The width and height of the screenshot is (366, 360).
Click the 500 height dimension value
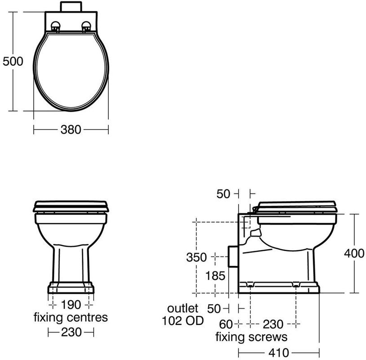[x=13, y=61]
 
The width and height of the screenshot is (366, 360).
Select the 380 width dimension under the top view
[x=71, y=130]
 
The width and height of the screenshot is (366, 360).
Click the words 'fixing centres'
[x=71, y=317]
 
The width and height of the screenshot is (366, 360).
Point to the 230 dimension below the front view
[x=71, y=333]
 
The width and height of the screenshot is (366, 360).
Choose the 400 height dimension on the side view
[x=354, y=253]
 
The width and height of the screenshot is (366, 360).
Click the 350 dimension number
[x=196, y=257]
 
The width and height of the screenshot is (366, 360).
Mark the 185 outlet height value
[x=214, y=275]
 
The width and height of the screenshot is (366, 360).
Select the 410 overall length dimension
[x=279, y=352]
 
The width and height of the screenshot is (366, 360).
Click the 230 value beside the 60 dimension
[x=273, y=323]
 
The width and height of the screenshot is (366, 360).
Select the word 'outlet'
[x=183, y=308]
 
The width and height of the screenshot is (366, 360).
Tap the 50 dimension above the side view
[x=223, y=194]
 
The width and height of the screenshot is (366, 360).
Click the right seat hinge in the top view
[x=86, y=27]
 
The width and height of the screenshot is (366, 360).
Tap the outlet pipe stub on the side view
[x=233, y=257]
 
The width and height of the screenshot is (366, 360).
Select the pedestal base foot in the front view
[x=71, y=288]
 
